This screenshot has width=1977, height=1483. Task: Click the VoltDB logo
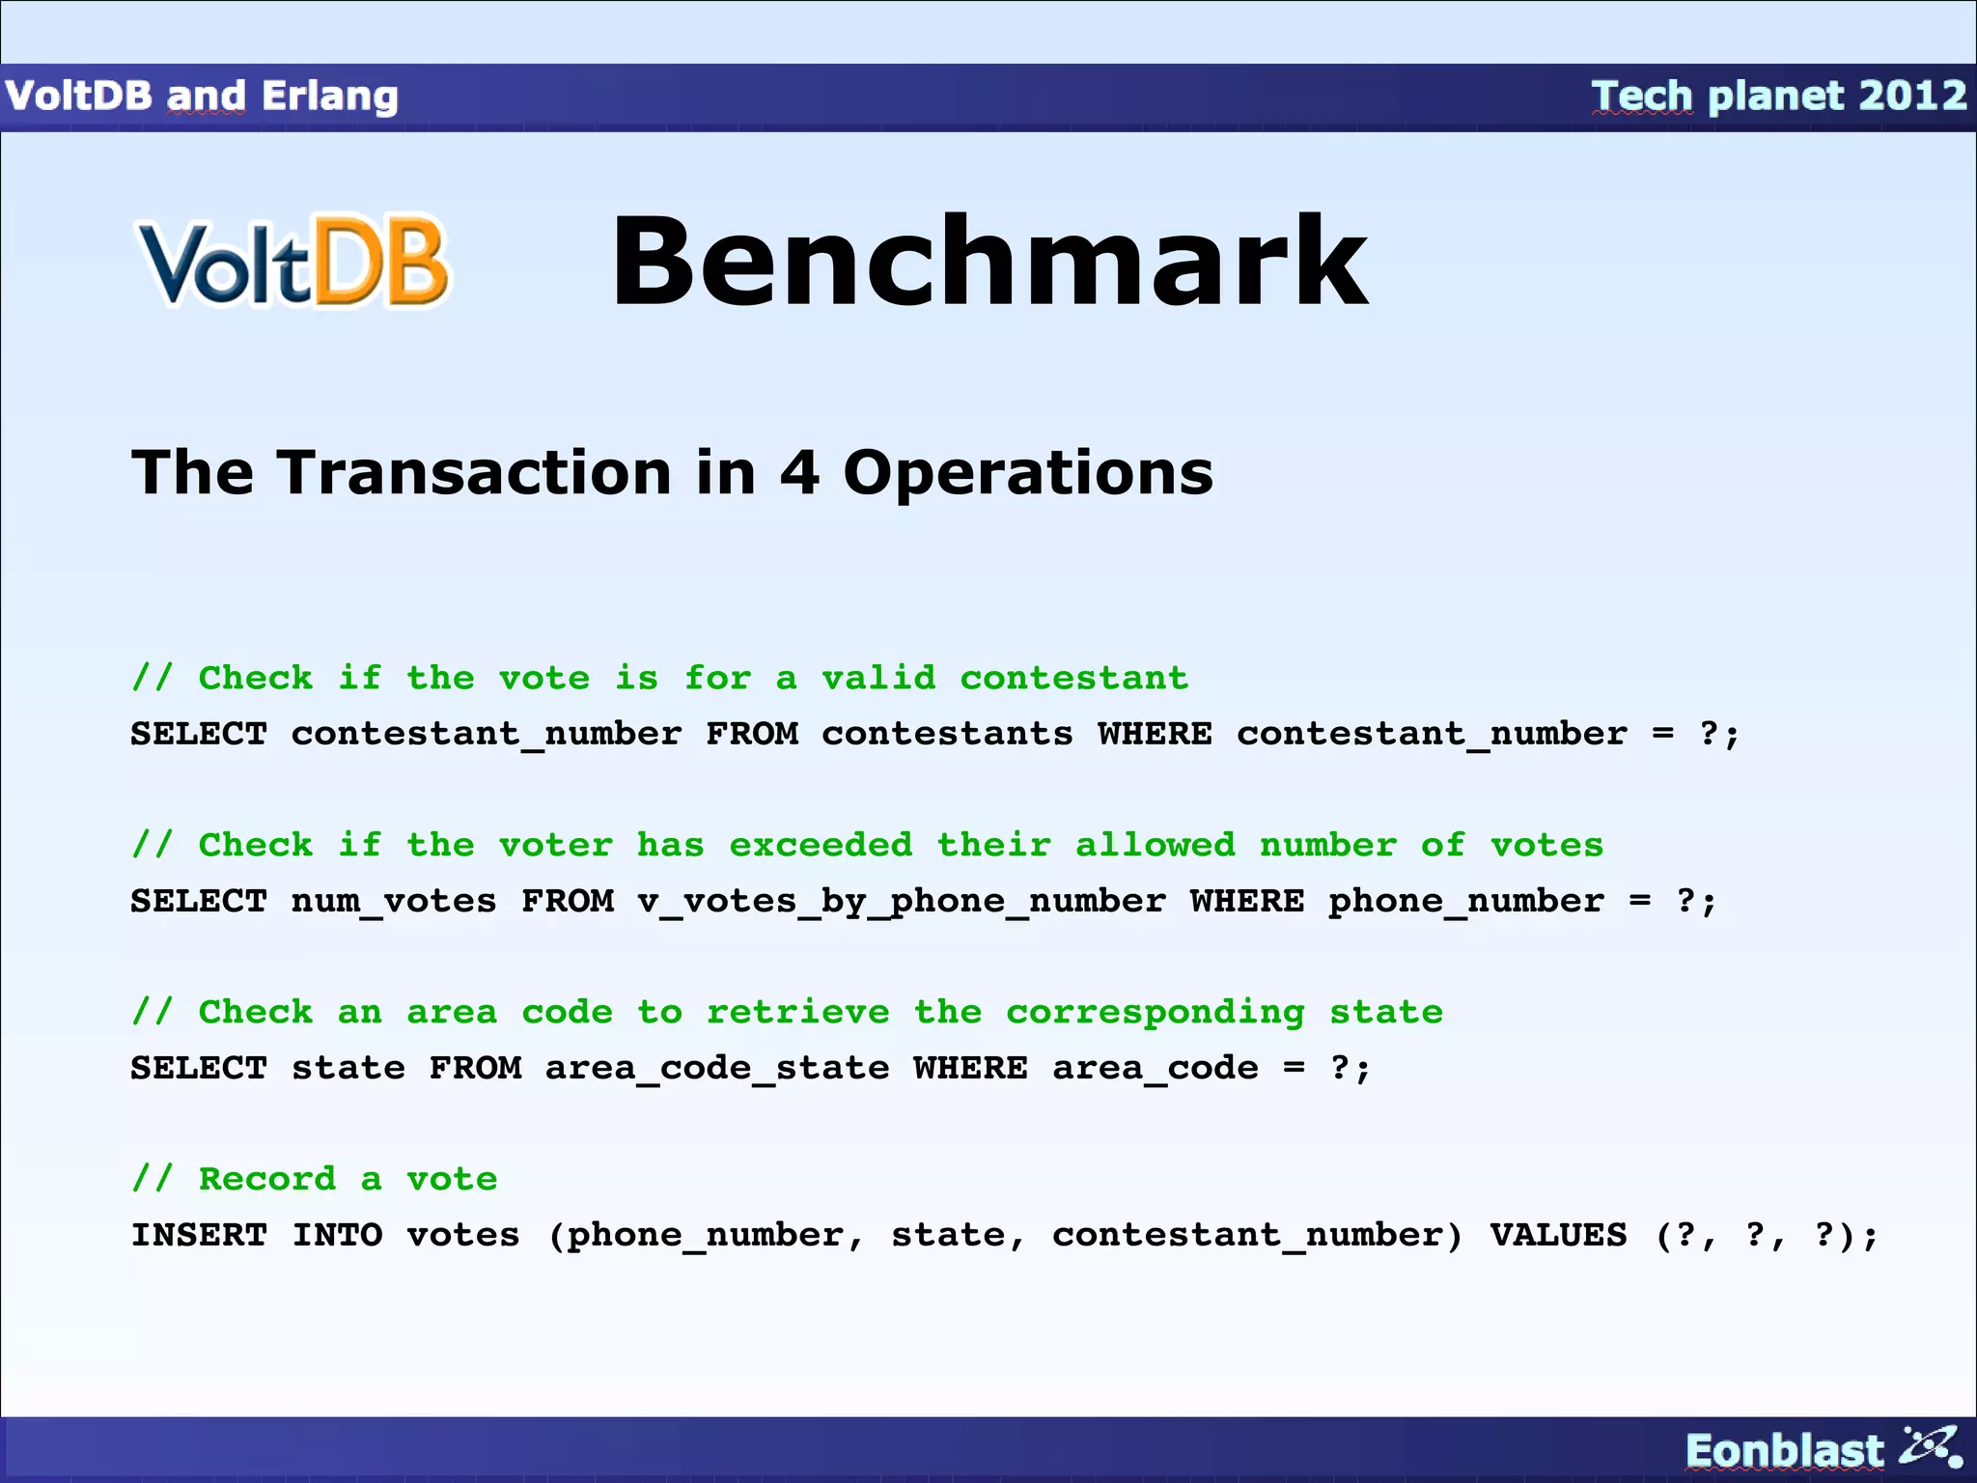click(293, 263)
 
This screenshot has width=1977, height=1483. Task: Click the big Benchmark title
click(989, 263)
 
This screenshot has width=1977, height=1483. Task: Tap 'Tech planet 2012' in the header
click(1778, 96)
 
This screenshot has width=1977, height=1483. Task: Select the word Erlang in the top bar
click(329, 96)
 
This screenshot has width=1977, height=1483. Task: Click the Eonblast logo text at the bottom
click(1784, 1450)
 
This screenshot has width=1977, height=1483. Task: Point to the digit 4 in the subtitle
click(800, 473)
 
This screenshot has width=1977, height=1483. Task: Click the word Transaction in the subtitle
click(473, 473)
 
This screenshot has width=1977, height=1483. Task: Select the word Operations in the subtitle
click(1028, 473)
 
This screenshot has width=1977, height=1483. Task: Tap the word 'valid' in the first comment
click(878, 678)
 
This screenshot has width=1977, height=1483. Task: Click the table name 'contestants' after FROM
click(947, 734)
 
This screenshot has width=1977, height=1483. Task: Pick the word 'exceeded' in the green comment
click(821, 845)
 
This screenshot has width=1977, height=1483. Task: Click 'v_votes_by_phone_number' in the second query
click(901, 902)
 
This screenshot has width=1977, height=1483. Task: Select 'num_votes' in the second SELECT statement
click(394, 902)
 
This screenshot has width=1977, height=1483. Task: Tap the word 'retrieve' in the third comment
click(797, 1012)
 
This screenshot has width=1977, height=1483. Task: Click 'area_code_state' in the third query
click(717, 1069)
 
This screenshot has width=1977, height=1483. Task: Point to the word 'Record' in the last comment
click(267, 1179)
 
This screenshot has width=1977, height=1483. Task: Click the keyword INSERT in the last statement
click(199, 1235)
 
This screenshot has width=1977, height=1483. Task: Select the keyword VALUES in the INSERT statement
click(1558, 1235)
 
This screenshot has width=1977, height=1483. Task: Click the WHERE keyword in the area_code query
click(970, 1069)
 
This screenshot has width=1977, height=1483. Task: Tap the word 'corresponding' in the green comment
click(1155, 1014)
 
